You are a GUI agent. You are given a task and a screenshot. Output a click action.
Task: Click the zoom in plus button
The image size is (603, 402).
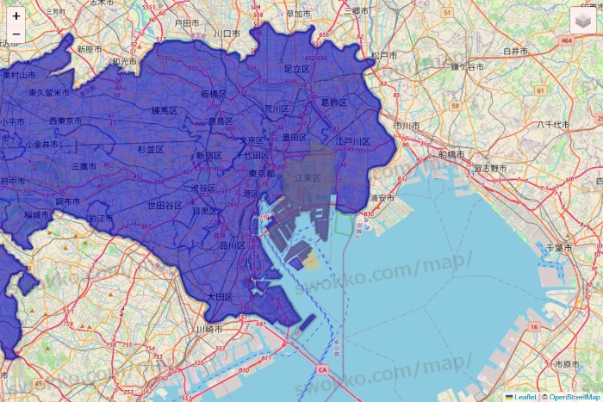pyautogui.click(x=16, y=15)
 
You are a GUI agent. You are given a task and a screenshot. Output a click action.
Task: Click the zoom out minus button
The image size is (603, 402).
pyautogui.click(x=16, y=34)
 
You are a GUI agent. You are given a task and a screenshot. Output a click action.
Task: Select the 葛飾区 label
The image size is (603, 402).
pyautogui.click(x=333, y=102)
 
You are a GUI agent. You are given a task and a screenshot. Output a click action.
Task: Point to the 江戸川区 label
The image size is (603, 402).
pyautogui.click(x=352, y=141)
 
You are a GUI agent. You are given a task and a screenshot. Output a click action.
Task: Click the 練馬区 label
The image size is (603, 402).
pyautogui.click(x=164, y=110)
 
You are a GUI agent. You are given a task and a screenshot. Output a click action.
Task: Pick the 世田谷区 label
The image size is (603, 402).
pyautogui.click(x=165, y=206)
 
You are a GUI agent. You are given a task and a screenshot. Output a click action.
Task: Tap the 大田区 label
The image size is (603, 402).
pyautogui.click(x=220, y=296)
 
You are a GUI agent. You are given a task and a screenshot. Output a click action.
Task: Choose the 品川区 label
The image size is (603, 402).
pyautogui.click(x=233, y=246)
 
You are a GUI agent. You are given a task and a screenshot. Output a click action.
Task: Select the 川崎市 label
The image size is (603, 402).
pyautogui.click(x=208, y=329)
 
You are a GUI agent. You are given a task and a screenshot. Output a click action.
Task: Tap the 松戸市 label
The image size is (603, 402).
pyautogui.click(x=385, y=55)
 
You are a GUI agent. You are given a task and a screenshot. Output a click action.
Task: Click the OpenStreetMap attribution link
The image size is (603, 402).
pyautogui.click(x=574, y=397)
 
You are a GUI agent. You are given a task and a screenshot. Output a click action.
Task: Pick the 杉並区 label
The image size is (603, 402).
pyautogui.click(x=151, y=149)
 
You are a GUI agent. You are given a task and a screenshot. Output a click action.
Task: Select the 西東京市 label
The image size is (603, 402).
pyautogui.click(x=65, y=121)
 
